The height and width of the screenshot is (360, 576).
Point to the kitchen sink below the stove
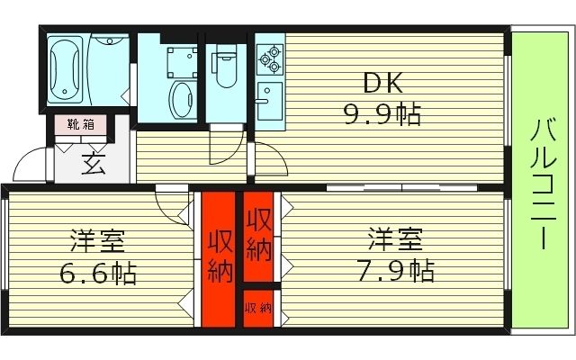(x=268, y=95)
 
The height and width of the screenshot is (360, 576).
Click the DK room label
(x=382, y=84)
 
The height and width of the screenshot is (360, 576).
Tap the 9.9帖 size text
(x=382, y=114)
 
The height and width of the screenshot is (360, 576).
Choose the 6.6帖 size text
(x=98, y=272)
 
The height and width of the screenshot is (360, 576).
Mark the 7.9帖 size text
(x=394, y=269)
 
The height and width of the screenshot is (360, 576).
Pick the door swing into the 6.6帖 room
(x=171, y=205)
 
